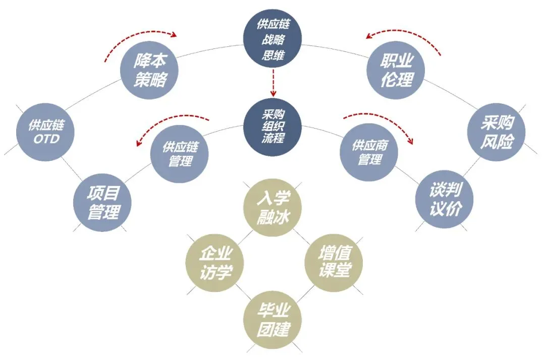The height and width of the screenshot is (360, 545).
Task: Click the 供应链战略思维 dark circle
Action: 273,40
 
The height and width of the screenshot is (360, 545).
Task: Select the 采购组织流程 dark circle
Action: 273,126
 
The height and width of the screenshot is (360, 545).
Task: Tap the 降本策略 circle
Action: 149,71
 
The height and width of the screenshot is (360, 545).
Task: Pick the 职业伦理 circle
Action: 397,71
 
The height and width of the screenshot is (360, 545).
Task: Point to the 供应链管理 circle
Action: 180,154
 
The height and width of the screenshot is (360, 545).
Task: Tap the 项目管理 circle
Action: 103,203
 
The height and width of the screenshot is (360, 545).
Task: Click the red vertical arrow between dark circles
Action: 273,83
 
